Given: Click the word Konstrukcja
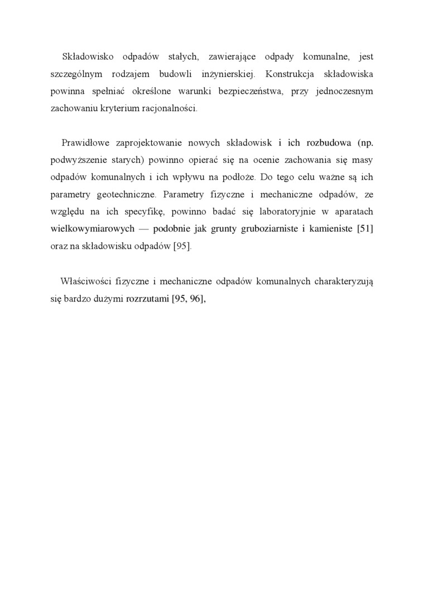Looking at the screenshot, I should (290, 74).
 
